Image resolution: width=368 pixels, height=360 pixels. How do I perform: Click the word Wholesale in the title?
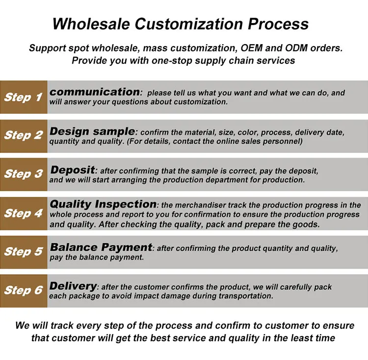[x=91, y=24]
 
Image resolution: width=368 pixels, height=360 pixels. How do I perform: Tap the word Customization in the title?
[x=189, y=24]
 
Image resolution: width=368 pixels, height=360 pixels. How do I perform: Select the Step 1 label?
[x=23, y=97]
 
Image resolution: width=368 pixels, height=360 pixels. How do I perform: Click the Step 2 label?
[x=24, y=135]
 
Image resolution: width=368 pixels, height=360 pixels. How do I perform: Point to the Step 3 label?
[x=24, y=174]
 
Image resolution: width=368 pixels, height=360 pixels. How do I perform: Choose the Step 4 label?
[x=24, y=213]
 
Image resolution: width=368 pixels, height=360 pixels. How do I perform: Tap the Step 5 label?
[x=24, y=252]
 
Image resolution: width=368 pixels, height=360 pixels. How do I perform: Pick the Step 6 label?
[x=24, y=290]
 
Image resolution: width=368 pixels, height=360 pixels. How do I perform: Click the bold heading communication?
[x=95, y=92]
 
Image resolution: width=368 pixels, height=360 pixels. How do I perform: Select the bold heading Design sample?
[x=92, y=131]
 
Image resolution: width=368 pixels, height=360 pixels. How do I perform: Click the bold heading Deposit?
[x=73, y=170]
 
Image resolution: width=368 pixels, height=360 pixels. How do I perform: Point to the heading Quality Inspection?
[x=103, y=204]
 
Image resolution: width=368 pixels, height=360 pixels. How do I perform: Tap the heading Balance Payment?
[x=101, y=247]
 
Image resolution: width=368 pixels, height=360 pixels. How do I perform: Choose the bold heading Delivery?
[x=73, y=286]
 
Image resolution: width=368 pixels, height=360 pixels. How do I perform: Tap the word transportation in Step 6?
[x=246, y=296]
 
